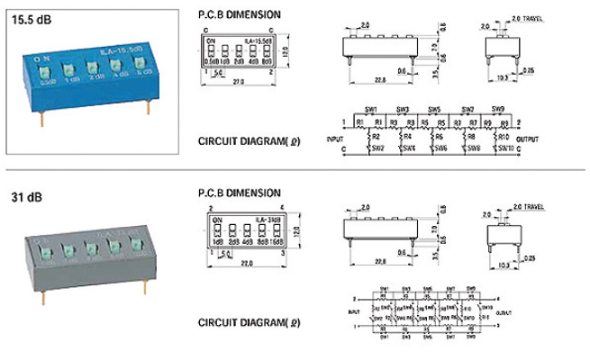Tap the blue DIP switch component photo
coord(86,76)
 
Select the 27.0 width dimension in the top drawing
coord(239,80)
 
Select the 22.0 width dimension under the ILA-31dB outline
coord(239,262)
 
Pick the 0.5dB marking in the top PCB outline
coord(213,62)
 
